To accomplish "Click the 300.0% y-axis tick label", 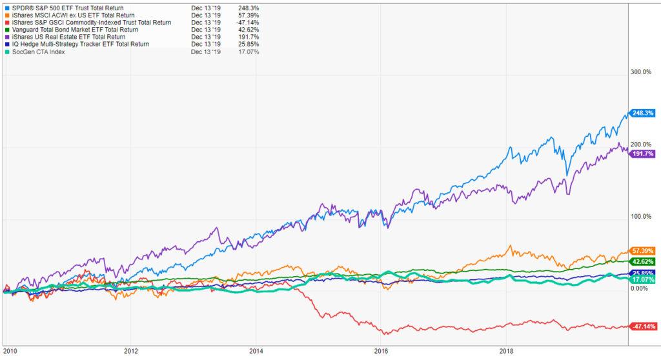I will pos(642,72).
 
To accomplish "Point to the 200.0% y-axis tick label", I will pos(642,145).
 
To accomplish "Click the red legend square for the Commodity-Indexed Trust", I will pos(6,23).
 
